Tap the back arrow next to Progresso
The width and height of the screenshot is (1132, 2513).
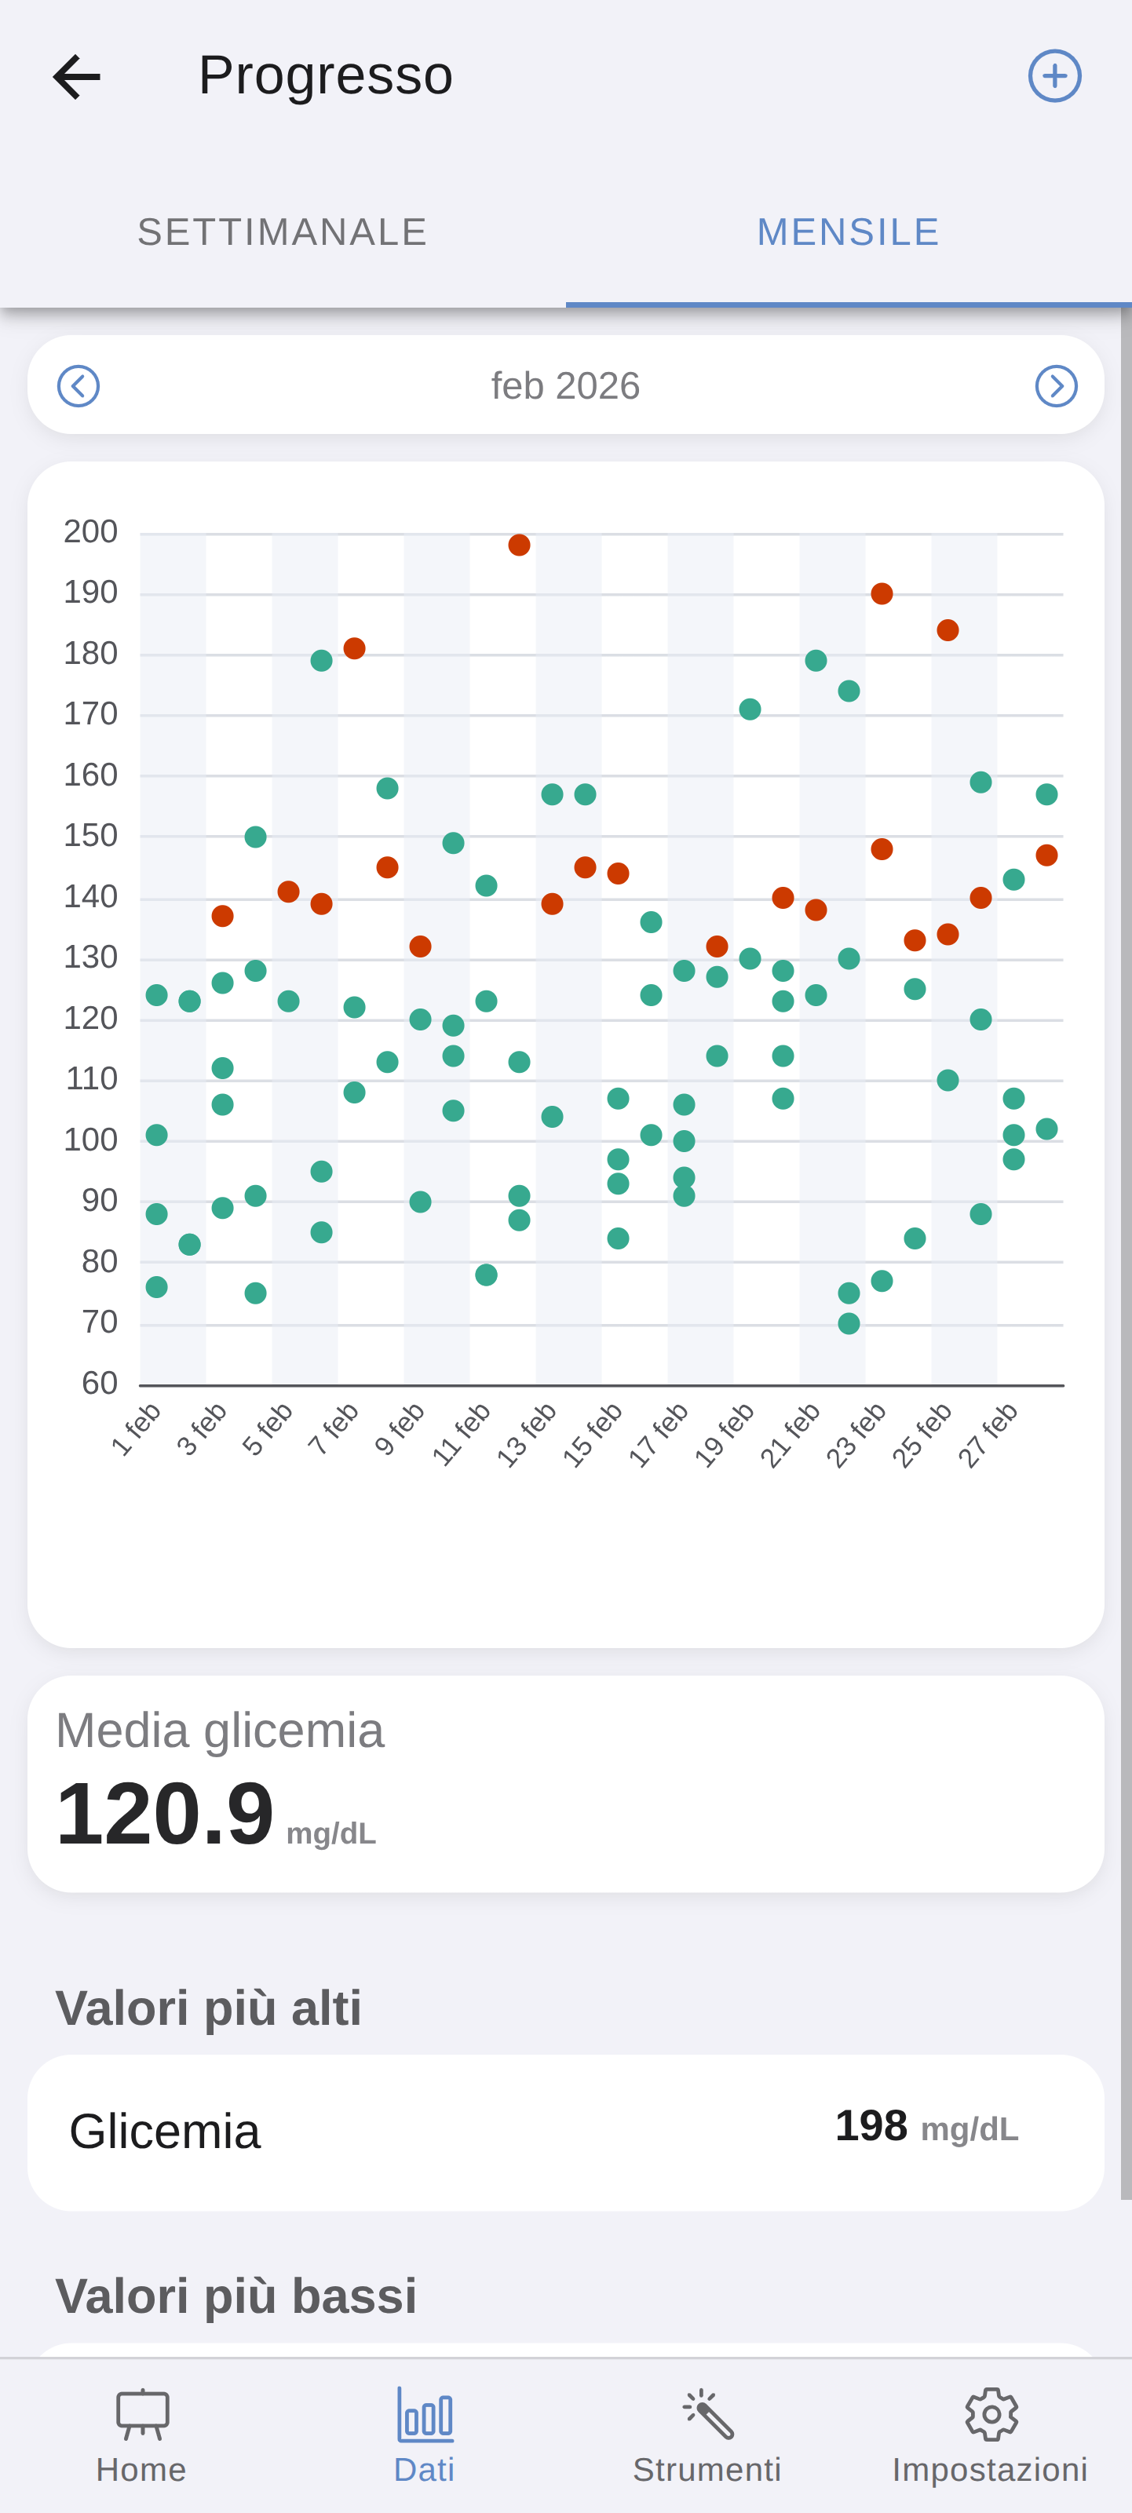coord(76,77)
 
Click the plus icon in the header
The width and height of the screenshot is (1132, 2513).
coord(1055,76)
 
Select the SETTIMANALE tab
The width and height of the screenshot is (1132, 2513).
coord(282,232)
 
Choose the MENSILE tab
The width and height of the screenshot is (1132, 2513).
coord(848,232)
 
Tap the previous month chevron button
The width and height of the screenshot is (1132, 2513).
coord(78,386)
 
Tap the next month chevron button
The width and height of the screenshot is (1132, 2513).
coord(1056,386)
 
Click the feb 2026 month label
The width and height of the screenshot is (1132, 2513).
coord(565,386)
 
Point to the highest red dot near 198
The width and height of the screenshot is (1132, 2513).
coord(519,545)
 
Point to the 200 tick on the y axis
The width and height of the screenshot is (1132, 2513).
coord(91,531)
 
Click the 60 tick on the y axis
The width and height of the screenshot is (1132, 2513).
coord(100,1384)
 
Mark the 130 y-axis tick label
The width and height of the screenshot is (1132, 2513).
coord(91,957)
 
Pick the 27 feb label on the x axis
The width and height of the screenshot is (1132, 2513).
coord(988,1434)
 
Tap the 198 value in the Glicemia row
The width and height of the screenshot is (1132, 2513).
coord(871,2127)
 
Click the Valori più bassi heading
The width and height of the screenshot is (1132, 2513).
coord(236,2296)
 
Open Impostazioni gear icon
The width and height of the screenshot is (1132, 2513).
coord(991,2414)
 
